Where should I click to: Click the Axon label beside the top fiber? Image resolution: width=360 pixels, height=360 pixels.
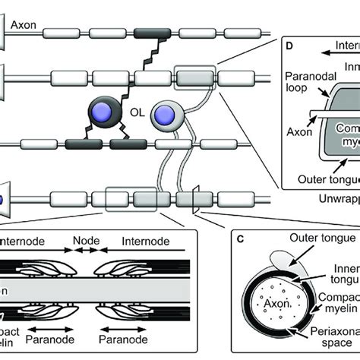pyautogui.click(x=21, y=25)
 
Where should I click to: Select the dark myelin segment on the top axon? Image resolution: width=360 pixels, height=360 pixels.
pyautogui.click(x=151, y=33)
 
